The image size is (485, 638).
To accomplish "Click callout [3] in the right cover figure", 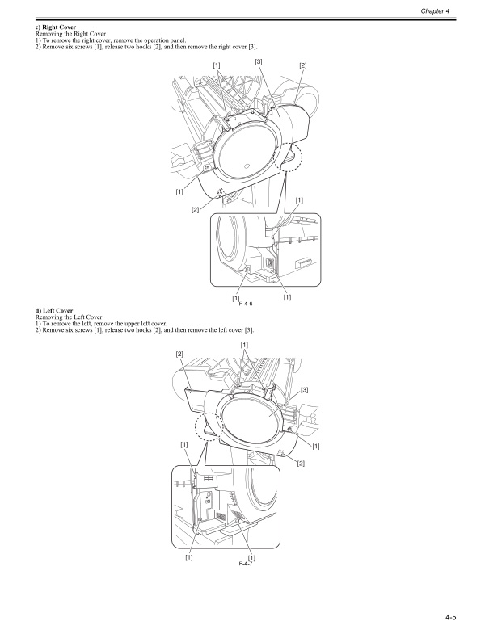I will tap(258, 61).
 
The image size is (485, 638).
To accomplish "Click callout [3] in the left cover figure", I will tap(304, 390).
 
